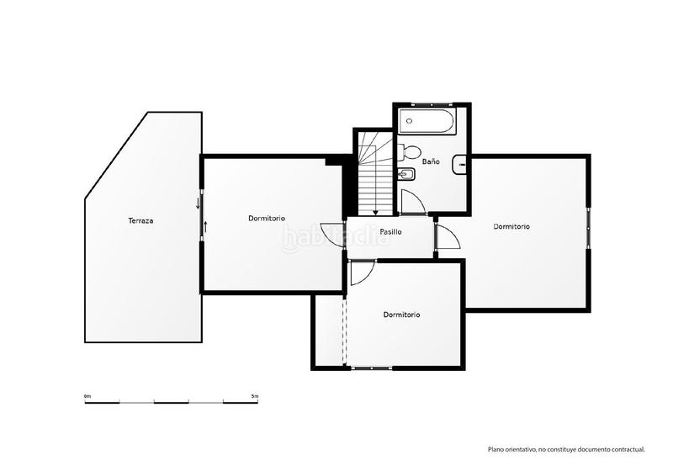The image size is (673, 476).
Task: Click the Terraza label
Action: pos(140,221)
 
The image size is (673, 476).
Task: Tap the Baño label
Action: pos(431,161)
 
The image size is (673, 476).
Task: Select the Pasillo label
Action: pos(390,231)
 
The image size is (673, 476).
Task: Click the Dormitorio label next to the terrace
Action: pos(267,219)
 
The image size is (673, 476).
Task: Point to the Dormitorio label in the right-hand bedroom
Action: pos(511,226)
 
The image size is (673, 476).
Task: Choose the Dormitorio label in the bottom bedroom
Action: pos(401,315)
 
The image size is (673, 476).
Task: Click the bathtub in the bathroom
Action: pos(427,121)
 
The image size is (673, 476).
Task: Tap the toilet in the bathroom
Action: pos(410,152)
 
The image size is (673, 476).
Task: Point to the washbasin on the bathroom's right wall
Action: pos(460,165)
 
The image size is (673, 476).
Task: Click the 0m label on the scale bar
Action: pos(87,395)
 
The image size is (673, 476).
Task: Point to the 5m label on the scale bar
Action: pos(255,395)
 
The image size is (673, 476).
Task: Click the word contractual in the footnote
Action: pos(626,450)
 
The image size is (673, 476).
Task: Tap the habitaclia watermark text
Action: pos(336,239)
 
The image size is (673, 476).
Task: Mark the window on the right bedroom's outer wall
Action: pos(589,226)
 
